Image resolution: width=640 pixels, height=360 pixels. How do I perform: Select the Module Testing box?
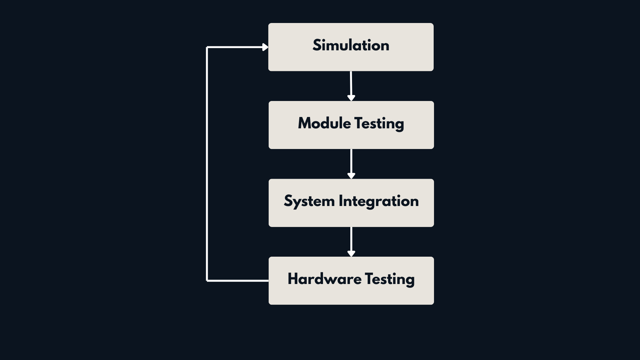coord(351,138)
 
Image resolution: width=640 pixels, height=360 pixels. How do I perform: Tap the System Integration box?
coord(351,217)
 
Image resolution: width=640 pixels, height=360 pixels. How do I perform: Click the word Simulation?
coord(351,45)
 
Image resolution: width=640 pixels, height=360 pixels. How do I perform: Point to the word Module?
coord(324,123)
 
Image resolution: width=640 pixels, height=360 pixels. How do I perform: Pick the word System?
coord(309,201)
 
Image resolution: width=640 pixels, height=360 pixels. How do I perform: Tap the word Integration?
coord(379,201)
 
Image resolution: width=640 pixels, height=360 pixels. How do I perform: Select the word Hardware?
coord(324,279)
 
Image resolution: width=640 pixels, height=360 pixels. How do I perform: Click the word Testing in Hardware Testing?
coord(390,279)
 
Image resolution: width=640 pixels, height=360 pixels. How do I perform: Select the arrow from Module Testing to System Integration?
coord(351,161)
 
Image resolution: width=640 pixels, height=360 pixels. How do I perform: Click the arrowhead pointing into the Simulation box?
coord(265,47)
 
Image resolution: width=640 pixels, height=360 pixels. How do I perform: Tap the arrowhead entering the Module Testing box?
coord(351,98)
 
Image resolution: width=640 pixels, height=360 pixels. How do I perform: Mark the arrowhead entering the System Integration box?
coord(351,176)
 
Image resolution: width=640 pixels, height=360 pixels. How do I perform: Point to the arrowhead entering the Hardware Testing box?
coord(351,254)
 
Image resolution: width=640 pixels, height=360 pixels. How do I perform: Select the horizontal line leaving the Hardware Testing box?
coord(238,281)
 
